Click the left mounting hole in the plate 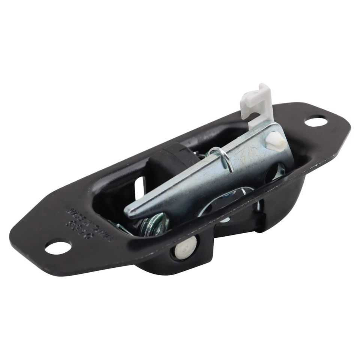coord(58,247)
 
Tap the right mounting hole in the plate coord(316,121)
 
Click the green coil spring coord(154,224)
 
